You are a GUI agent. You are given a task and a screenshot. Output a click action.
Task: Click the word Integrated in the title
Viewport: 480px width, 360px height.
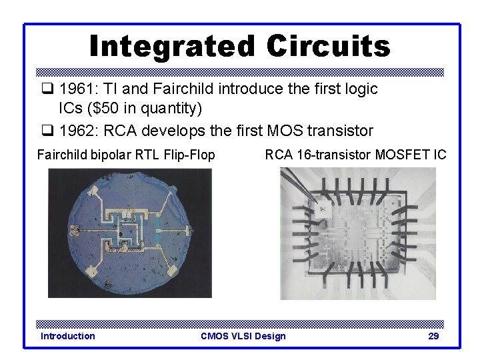(173, 47)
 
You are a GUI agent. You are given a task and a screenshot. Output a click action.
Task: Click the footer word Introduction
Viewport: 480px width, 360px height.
(67, 336)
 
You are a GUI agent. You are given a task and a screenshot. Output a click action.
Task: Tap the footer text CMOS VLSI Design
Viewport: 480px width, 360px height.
(243, 336)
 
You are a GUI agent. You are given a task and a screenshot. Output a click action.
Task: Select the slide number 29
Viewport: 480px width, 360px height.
(433, 336)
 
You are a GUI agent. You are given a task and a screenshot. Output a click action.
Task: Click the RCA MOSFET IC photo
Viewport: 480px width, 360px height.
(357, 233)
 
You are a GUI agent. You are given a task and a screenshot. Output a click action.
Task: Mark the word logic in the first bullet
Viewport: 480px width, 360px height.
(359, 89)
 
